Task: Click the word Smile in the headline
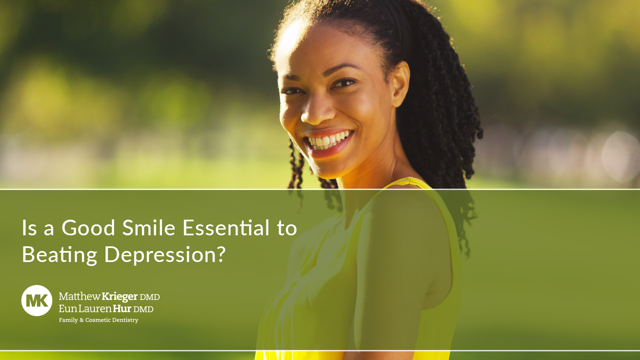pos(149,228)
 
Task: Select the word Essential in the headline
pos(226,228)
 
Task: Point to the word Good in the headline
pos(88,228)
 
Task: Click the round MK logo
pos(37,301)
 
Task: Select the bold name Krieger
pos(120,297)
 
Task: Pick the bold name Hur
pos(122,309)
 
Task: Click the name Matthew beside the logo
pos(80,296)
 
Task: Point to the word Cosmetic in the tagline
pos(98,320)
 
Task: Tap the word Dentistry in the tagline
pos(125,320)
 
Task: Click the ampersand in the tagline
pos(82,320)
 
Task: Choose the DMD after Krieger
pos(150,297)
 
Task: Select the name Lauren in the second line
pos(95,309)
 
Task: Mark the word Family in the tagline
pos(68,320)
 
